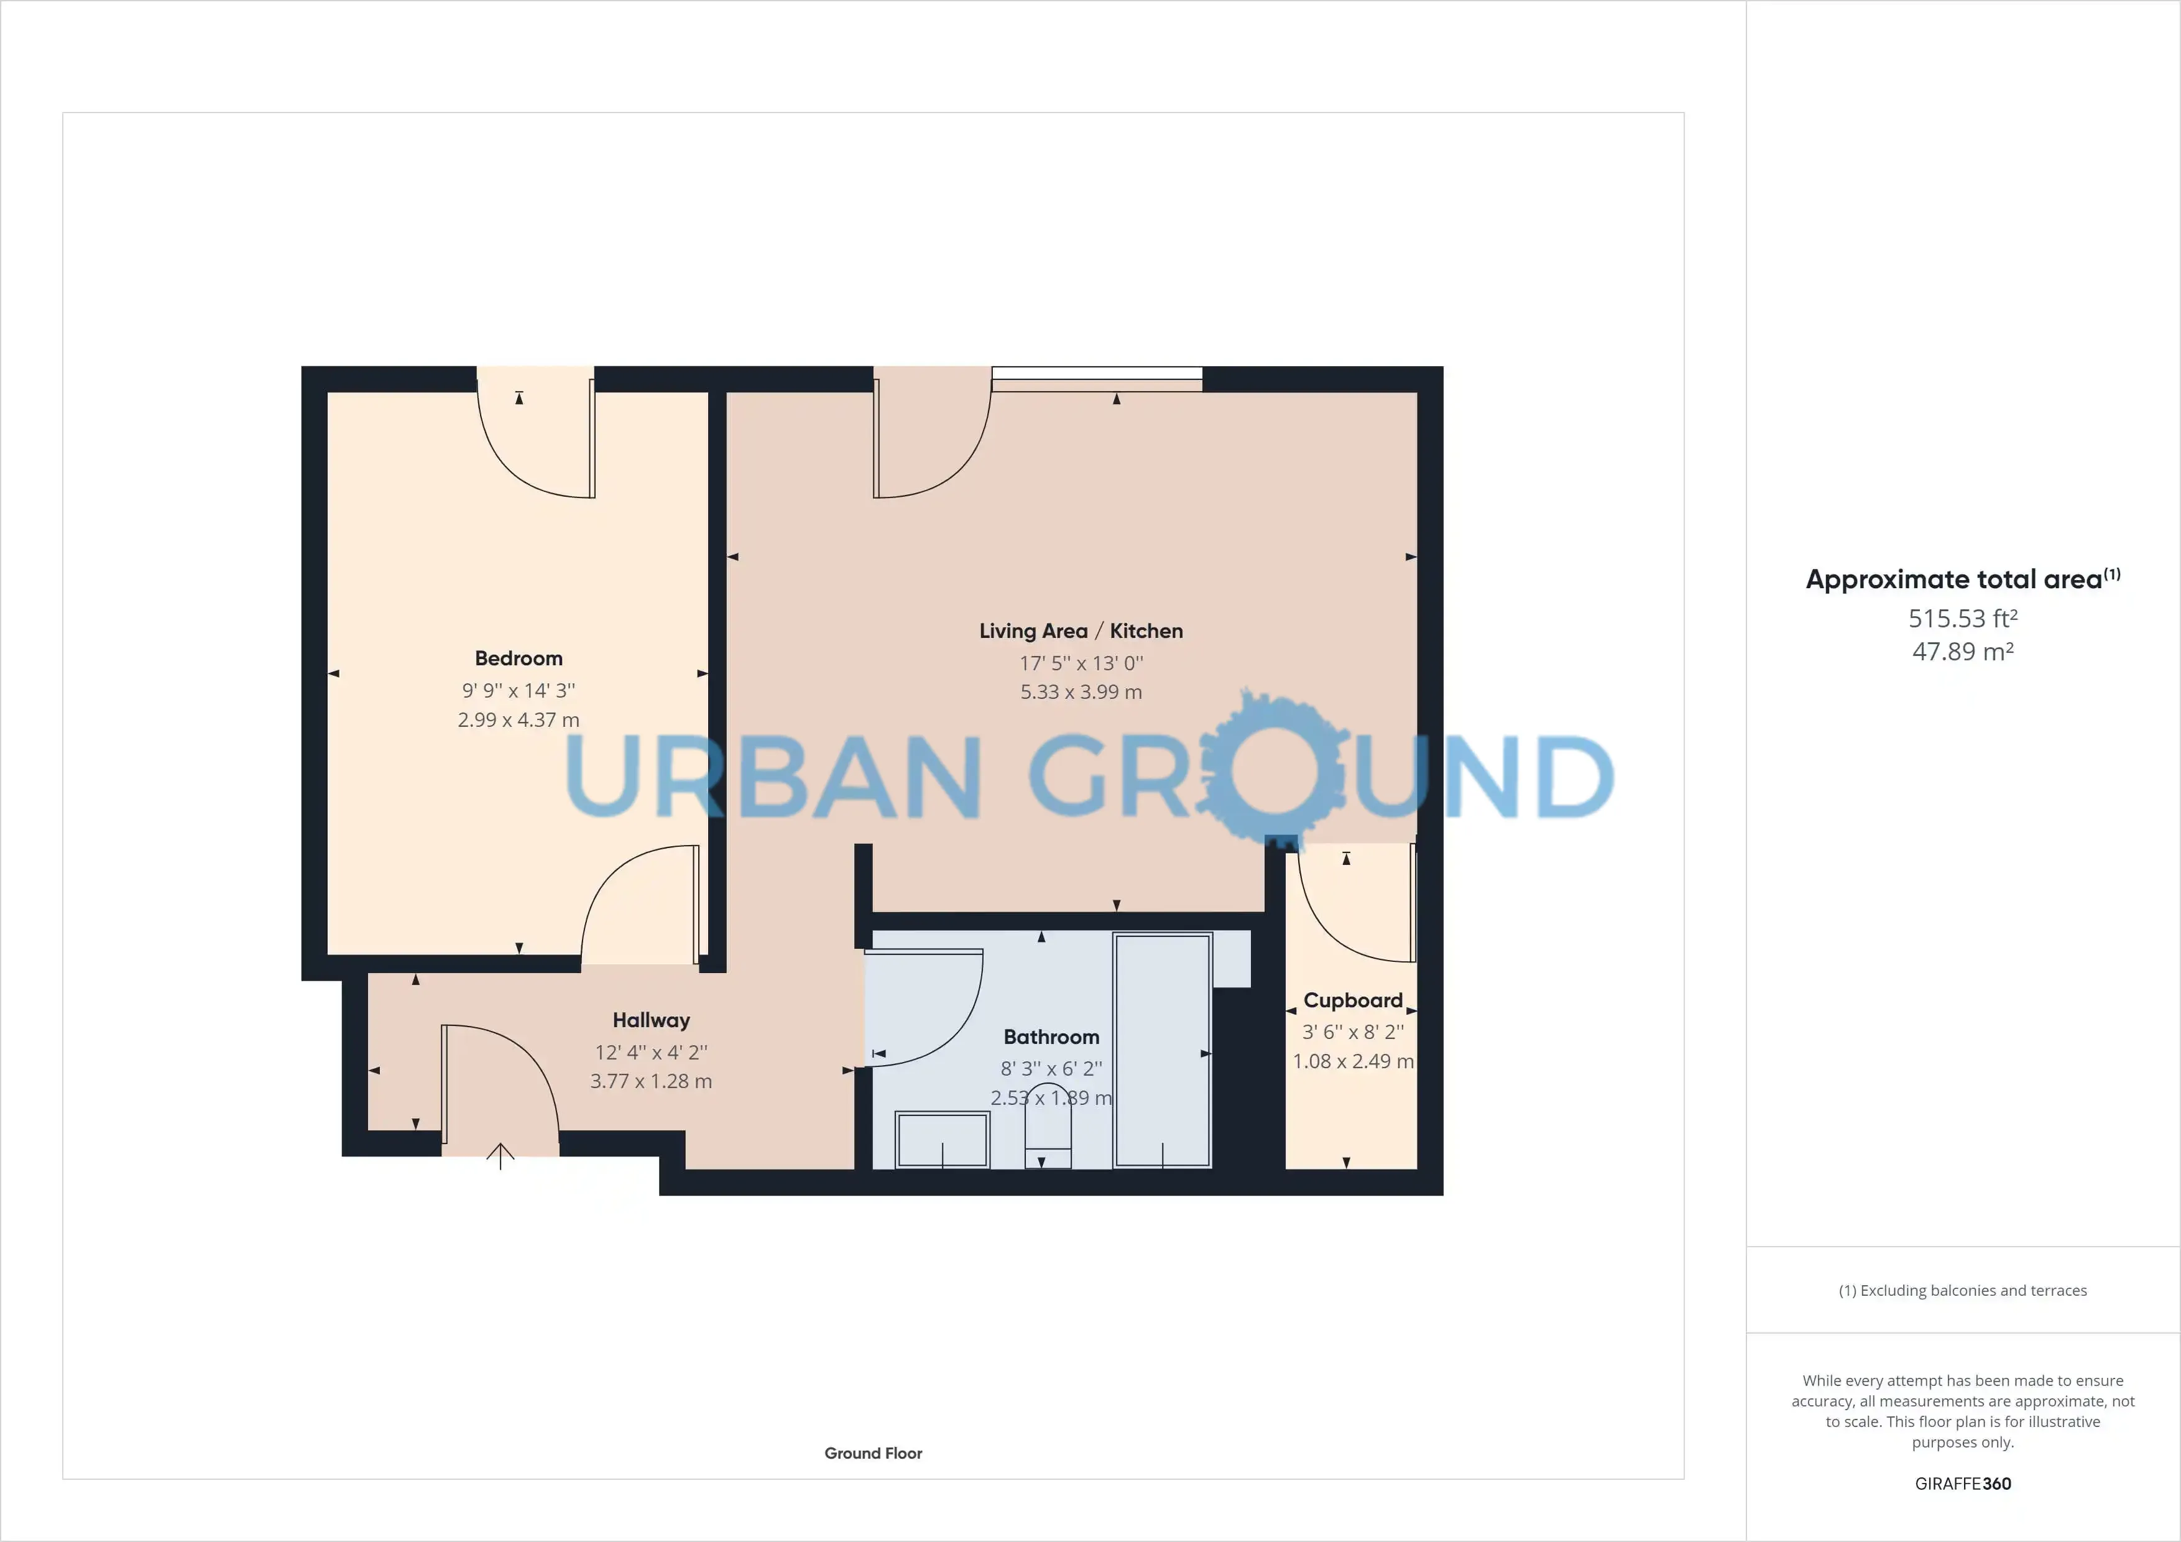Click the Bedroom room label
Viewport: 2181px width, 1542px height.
pyautogui.click(x=519, y=658)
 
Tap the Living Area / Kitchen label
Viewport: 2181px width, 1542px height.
pyautogui.click(x=1081, y=631)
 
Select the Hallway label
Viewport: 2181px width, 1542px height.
pyautogui.click(x=651, y=1020)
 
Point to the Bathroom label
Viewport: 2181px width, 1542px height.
pyautogui.click(x=1051, y=1036)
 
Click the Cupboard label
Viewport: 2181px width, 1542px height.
pyautogui.click(x=1353, y=1000)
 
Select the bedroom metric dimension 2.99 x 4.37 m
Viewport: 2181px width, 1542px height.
pyautogui.click(x=519, y=720)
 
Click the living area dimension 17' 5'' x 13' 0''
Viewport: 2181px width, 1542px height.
pyautogui.click(x=1081, y=663)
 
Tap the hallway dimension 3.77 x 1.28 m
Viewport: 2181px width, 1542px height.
pyautogui.click(x=651, y=1081)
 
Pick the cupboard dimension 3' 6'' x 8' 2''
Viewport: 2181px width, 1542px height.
pyautogui.click(x=1353, y=1032)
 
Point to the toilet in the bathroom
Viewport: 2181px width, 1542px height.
pyautogui.click(x=1049, y=1127)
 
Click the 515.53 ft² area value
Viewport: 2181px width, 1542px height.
pyautogui.click(x=1963, y=619)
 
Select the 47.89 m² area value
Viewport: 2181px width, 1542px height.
pyautogui.click(x=1963, y=652)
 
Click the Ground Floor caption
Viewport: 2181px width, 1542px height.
pyautogui.click(x=873, y=1452)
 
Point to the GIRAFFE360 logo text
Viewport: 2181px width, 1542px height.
pyautogui.click(x=1963, y=1483)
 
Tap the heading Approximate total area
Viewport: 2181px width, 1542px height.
pyautogui.click(x=1963, y=579)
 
